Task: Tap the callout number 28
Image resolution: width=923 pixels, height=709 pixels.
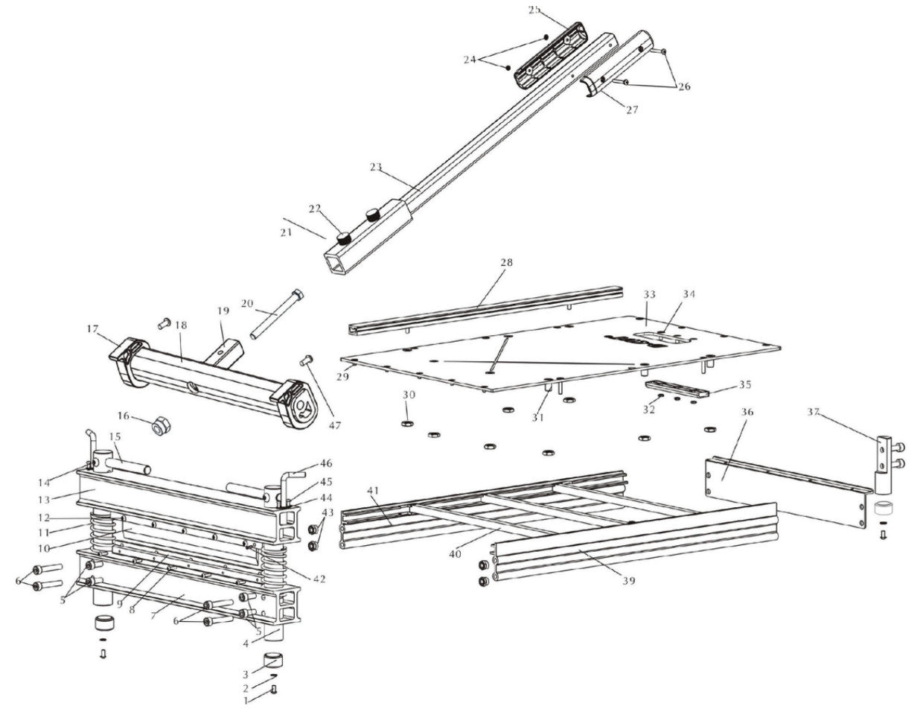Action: pyautogui.click(x=506, y=263)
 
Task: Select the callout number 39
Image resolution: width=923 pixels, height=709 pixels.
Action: pyautogui.click(x=629, y=581)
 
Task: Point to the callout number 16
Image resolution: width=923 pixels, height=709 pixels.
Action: pyautogui.click(x=123, y=416)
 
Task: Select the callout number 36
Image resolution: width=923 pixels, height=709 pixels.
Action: pyautogui.click(x=747, y=412)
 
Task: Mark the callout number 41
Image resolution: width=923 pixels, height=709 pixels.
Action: pyautogui.click(x=373, y=490)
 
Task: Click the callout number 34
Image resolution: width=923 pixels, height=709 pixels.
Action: pyautogui.click(x=689, y=294)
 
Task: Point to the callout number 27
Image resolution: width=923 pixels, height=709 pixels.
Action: pyautogui.click(x=632, y=110)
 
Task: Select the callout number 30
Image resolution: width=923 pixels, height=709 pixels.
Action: pyautogui.click(x=409, y=394)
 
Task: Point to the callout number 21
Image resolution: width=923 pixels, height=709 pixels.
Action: pyautogui.click(x=287, y=233)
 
